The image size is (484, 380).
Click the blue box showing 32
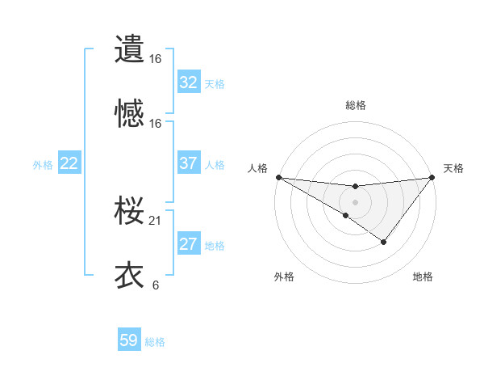(188, 82)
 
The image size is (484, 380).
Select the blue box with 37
(188, 163)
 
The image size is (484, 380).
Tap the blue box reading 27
(188, 244)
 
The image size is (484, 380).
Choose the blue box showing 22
(69, 163)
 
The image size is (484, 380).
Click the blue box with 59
(129, 340)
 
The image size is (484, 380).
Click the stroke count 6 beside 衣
(155, 285)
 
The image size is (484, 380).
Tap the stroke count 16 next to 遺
(155, 59)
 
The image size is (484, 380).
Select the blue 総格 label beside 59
(155, 342)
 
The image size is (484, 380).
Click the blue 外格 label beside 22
(43, 165)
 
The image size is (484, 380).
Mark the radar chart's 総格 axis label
(355, 105)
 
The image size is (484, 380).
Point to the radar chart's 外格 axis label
(284, 277)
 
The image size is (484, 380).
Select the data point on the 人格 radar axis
(278, 177)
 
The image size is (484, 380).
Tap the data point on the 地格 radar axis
(384, 242)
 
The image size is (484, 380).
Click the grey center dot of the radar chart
(355, 202)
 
